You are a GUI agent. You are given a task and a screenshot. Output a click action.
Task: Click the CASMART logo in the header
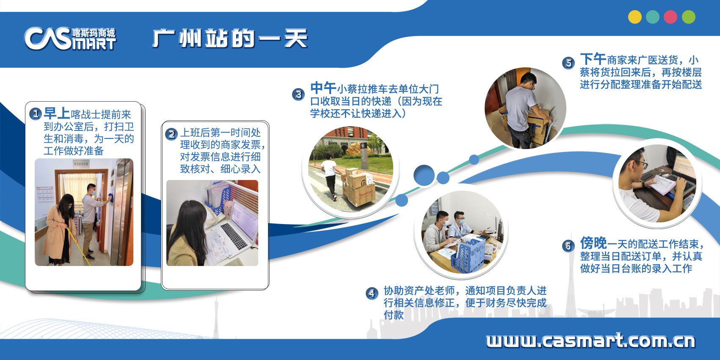tap(70, 39)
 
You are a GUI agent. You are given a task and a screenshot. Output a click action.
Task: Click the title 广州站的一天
tap(229, 39)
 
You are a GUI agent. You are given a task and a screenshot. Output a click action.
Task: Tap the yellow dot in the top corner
tap(634, 17)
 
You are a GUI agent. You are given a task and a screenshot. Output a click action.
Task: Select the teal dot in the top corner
tap(653, 17)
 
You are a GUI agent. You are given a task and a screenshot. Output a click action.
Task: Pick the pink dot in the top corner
tap(670, 17)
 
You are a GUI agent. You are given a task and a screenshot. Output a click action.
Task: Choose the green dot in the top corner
tap(689, 17)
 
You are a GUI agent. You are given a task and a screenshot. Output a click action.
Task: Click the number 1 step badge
tap(36, 114)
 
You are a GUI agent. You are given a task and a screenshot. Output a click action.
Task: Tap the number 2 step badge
tap(171, 134)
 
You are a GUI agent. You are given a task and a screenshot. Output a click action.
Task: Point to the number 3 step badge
tap(298, 94)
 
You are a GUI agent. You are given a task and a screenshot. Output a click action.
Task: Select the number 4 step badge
tap(372, 293)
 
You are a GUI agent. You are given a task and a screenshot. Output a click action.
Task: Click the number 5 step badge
tap(568, 63)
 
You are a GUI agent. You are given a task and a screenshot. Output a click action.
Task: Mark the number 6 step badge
tap(568, 246)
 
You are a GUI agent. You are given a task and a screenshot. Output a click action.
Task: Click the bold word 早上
tap(57, 113)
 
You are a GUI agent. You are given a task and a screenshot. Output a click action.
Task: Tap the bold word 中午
tap(323, 88)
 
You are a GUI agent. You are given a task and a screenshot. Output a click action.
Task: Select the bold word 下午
tap(593, 59)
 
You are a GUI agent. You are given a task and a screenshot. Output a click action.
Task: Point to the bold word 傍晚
tap(593, 243)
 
